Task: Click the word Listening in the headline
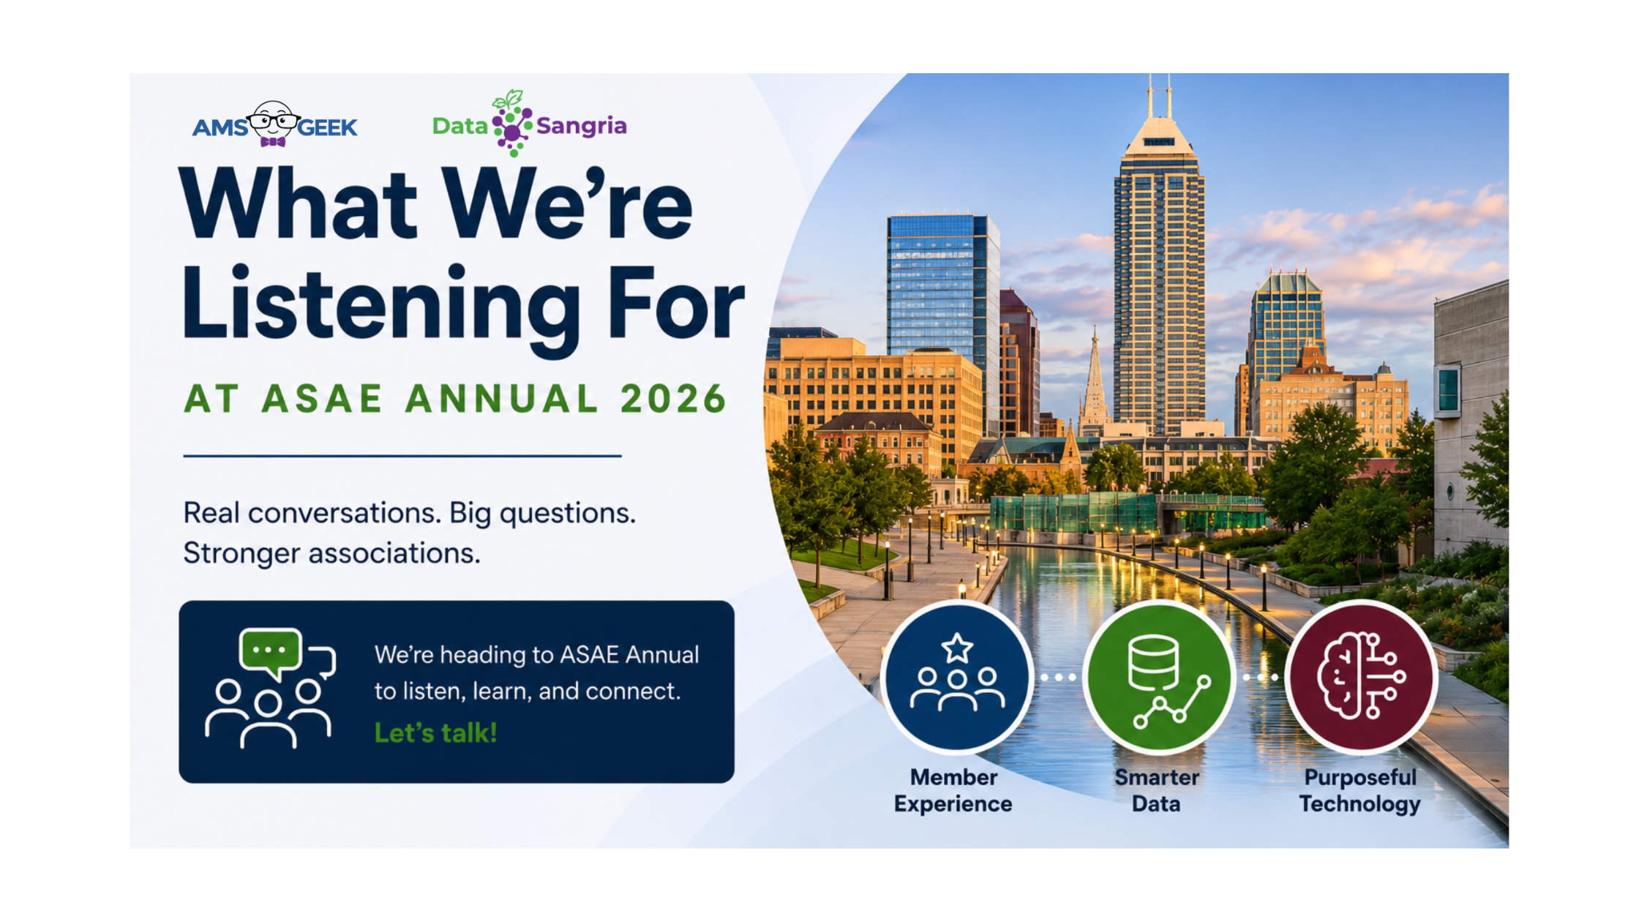380,307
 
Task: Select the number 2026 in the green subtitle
673,400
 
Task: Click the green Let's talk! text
436,732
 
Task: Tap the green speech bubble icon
269,651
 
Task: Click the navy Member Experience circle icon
956,677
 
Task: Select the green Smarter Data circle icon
1158,677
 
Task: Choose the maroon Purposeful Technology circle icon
1361,677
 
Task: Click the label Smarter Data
1157,790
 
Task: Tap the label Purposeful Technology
1360,790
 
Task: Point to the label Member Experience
953,790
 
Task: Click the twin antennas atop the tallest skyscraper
1159,95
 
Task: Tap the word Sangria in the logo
582,127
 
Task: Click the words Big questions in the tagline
542,514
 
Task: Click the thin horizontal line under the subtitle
402,456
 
